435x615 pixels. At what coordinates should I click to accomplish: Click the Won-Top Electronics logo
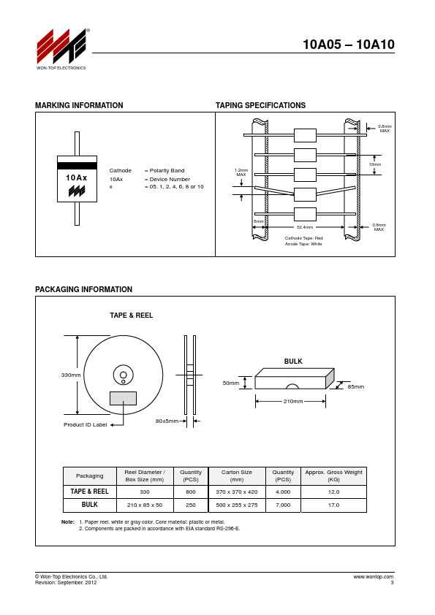click(x=61, y=49)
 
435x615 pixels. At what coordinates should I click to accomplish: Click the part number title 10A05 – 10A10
click(x=348, y=45)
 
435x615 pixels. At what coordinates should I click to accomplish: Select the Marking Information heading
click(x=79, y=105)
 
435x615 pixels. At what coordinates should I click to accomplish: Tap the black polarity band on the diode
click(x=77, y=166)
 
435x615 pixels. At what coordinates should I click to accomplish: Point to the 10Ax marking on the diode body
click(x=77, y=177)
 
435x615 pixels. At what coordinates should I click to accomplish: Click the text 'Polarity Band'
click(x=167, y=171)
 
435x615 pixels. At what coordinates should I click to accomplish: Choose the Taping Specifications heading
click(x=260, y=105)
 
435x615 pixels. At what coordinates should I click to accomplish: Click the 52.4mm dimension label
click(x=305, y=227)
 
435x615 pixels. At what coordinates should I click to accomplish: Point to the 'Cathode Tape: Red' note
click(x=304, y=238)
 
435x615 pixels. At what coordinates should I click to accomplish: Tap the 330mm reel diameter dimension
click(x=71, y=375)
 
